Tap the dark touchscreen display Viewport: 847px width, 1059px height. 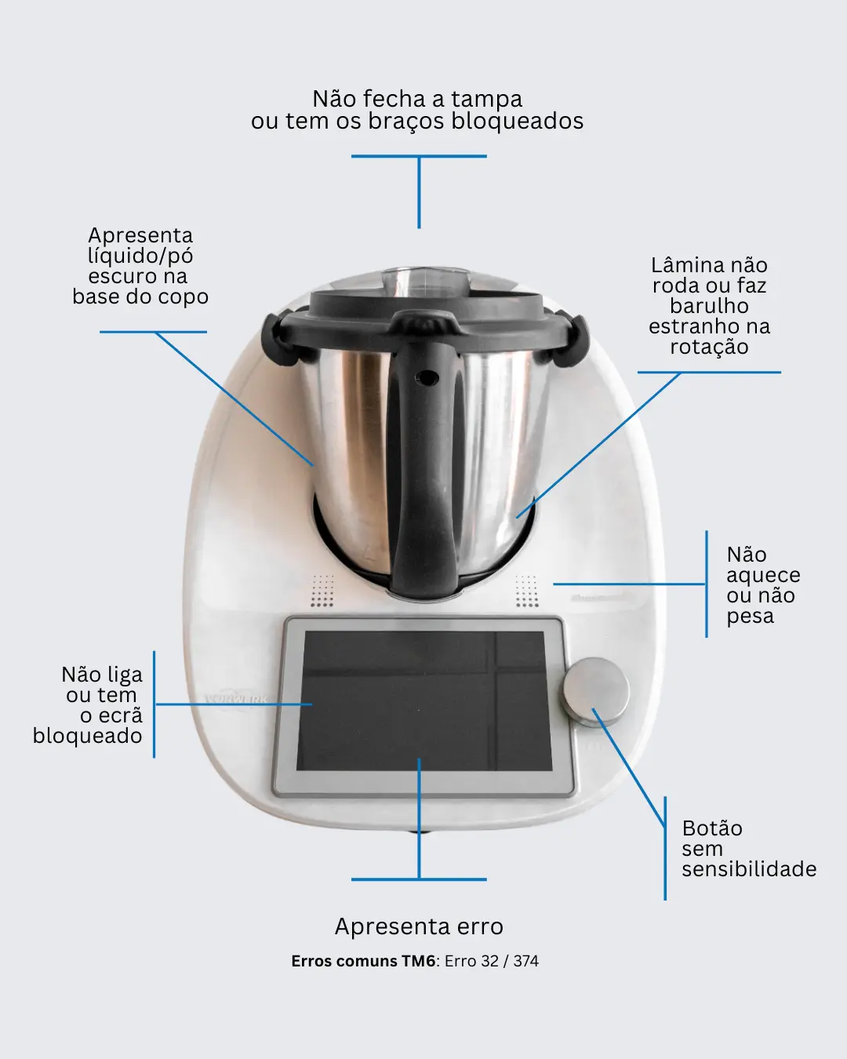(x=424, y=701)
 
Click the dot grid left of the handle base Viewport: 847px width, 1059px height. (x=322, y=591)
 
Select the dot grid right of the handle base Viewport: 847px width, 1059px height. (x=526, y=591)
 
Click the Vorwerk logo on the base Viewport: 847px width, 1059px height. (x=236, y=699)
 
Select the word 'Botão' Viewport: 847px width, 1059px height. (x=712, y=828)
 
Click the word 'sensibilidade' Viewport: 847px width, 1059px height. (x=749, y=869)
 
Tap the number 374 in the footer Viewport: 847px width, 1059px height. (x=525, y=961)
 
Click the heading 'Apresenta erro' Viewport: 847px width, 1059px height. (x=419, y=927)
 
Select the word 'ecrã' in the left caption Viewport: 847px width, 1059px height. (x=111, y=715)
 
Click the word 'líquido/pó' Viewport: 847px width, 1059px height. (x=140, y=257)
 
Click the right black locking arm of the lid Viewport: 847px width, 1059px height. (x=573, y=340)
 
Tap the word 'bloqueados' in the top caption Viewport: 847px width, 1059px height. (x=518, y=122)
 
